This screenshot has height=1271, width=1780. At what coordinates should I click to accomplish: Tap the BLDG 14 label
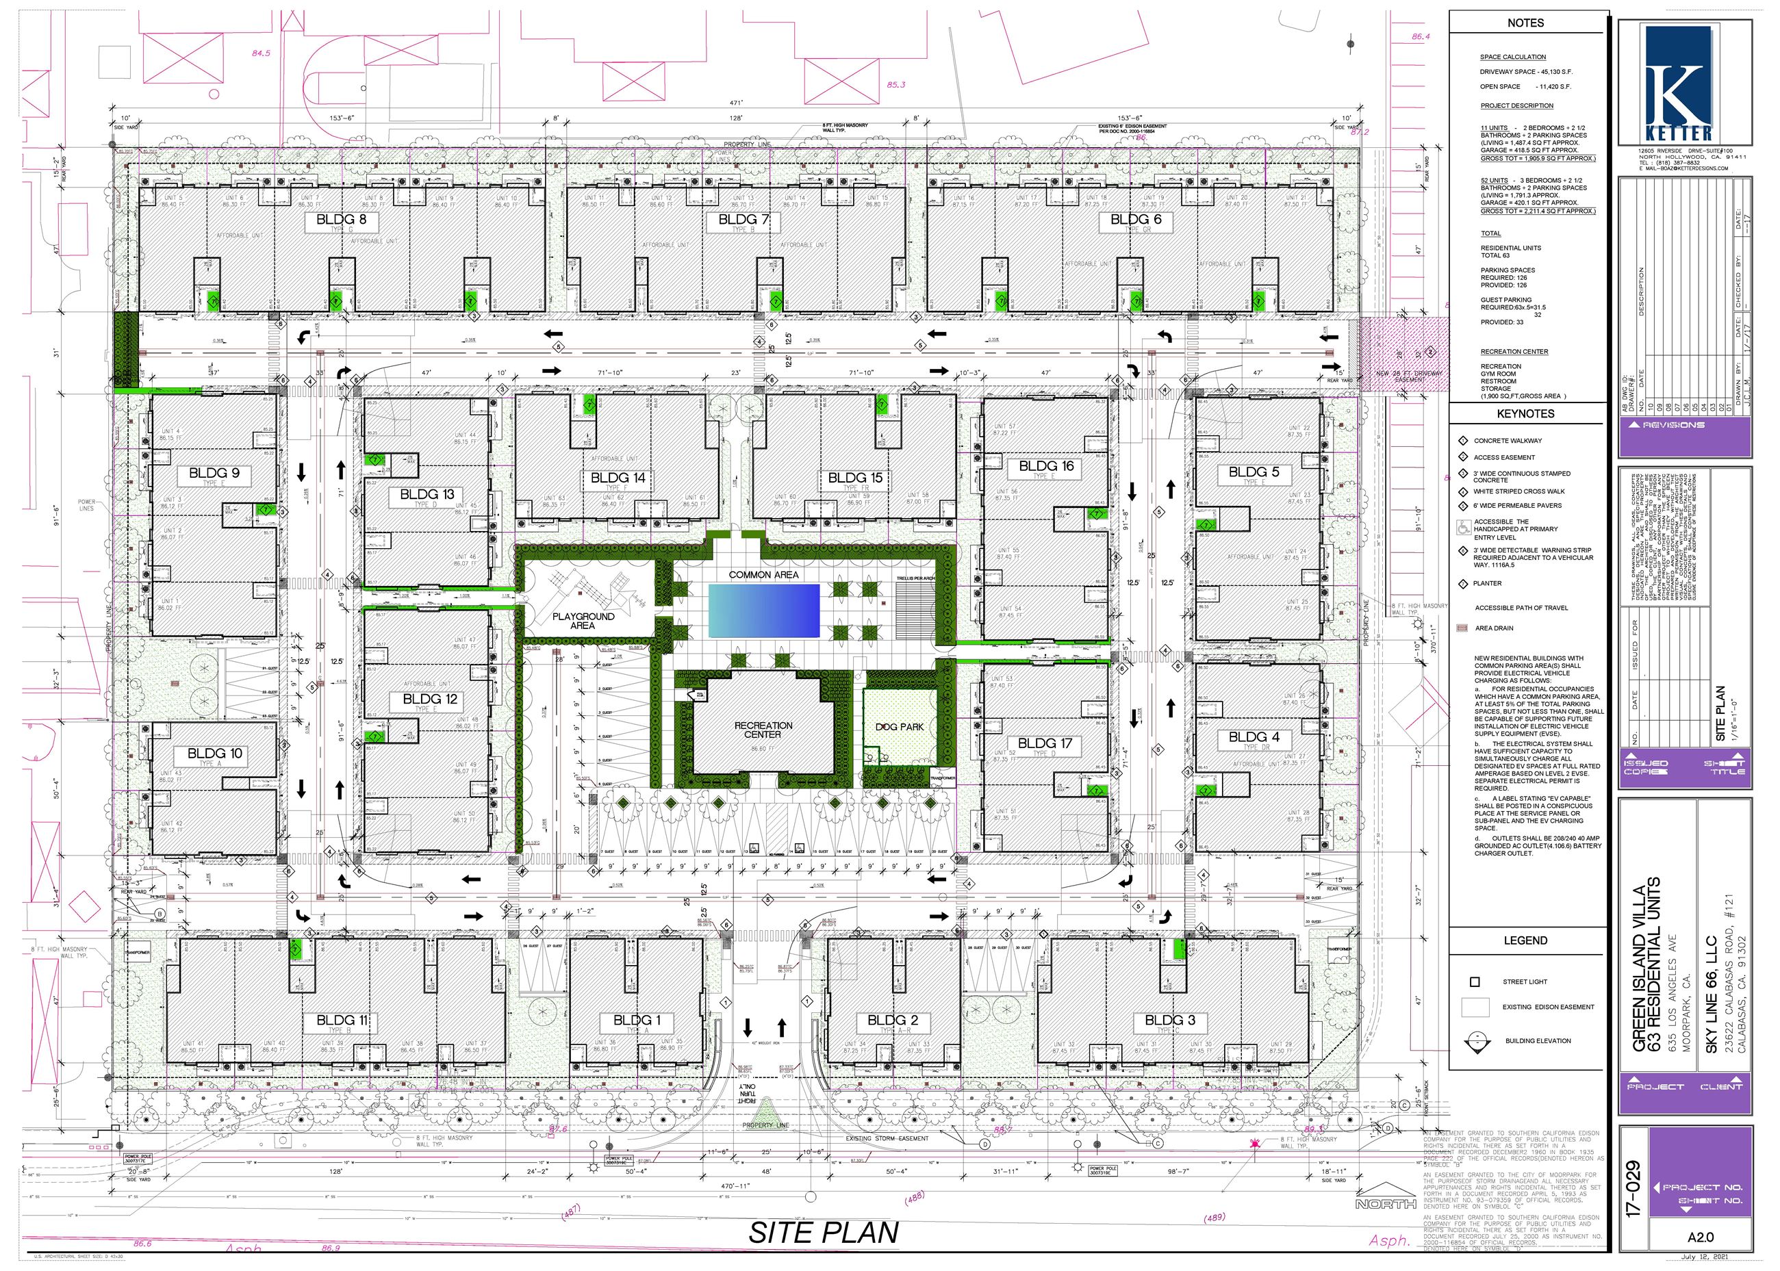pyautogui.click(x=618, y=478)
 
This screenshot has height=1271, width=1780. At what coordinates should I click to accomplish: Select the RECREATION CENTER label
pyautogui.click(x=763, y=730)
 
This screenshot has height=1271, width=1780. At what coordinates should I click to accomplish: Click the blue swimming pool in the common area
pyautogui.click(x=763, y=611)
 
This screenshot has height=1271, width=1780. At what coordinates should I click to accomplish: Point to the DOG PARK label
pyautogui.click(x=900, y=726)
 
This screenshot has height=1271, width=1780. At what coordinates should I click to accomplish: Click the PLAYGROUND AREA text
pyautogui.click(x=583, y=621)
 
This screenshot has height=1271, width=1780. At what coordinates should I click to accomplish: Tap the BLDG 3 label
pyautogui.click(x=1169, y=1020)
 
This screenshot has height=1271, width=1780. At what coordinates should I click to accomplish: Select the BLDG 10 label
pyautogui.click(x=214, y=753)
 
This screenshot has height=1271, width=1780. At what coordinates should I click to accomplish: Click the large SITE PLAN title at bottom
pyautogui.click(x=823, y=1232)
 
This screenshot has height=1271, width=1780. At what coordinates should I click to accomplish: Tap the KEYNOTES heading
pyautogui.click(x=1525, y=413)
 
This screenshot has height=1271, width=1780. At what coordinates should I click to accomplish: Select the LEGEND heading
pyautogui.click(x=1525, y=940)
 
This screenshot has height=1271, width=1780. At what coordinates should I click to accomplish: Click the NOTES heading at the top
pyautogui.click(x=1525, y=23)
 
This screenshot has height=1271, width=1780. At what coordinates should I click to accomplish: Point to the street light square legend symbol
pyautogui.click(x=1475, y=981)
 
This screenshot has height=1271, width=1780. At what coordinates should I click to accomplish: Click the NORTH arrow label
pyautogui.click(x=1386, y=1203)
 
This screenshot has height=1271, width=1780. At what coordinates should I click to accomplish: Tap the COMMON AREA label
pyautogui.click(x=763, y=574)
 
